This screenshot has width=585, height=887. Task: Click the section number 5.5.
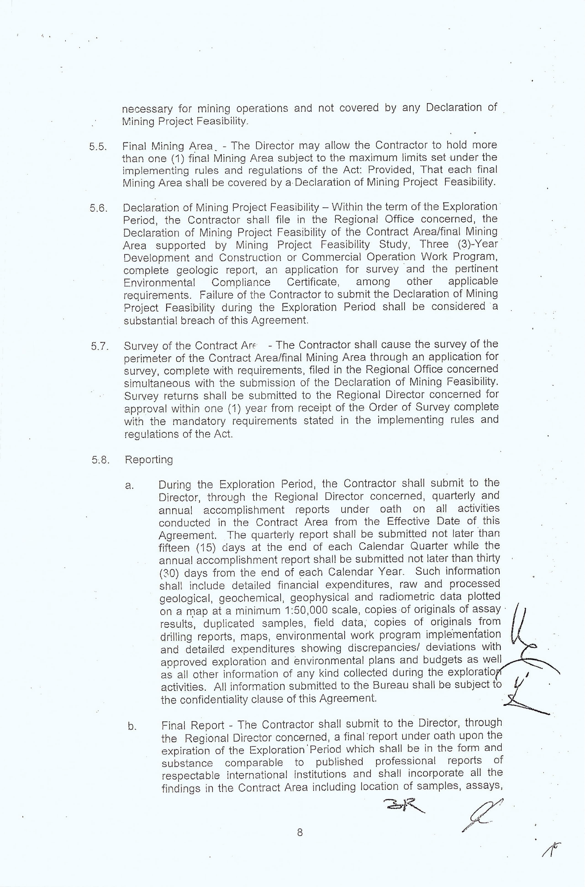pos(98,147)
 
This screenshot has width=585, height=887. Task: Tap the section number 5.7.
pos(99,346)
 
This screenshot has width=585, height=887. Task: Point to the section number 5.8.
pos(100,460)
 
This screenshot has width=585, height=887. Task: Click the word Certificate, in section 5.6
pos(313,282)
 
